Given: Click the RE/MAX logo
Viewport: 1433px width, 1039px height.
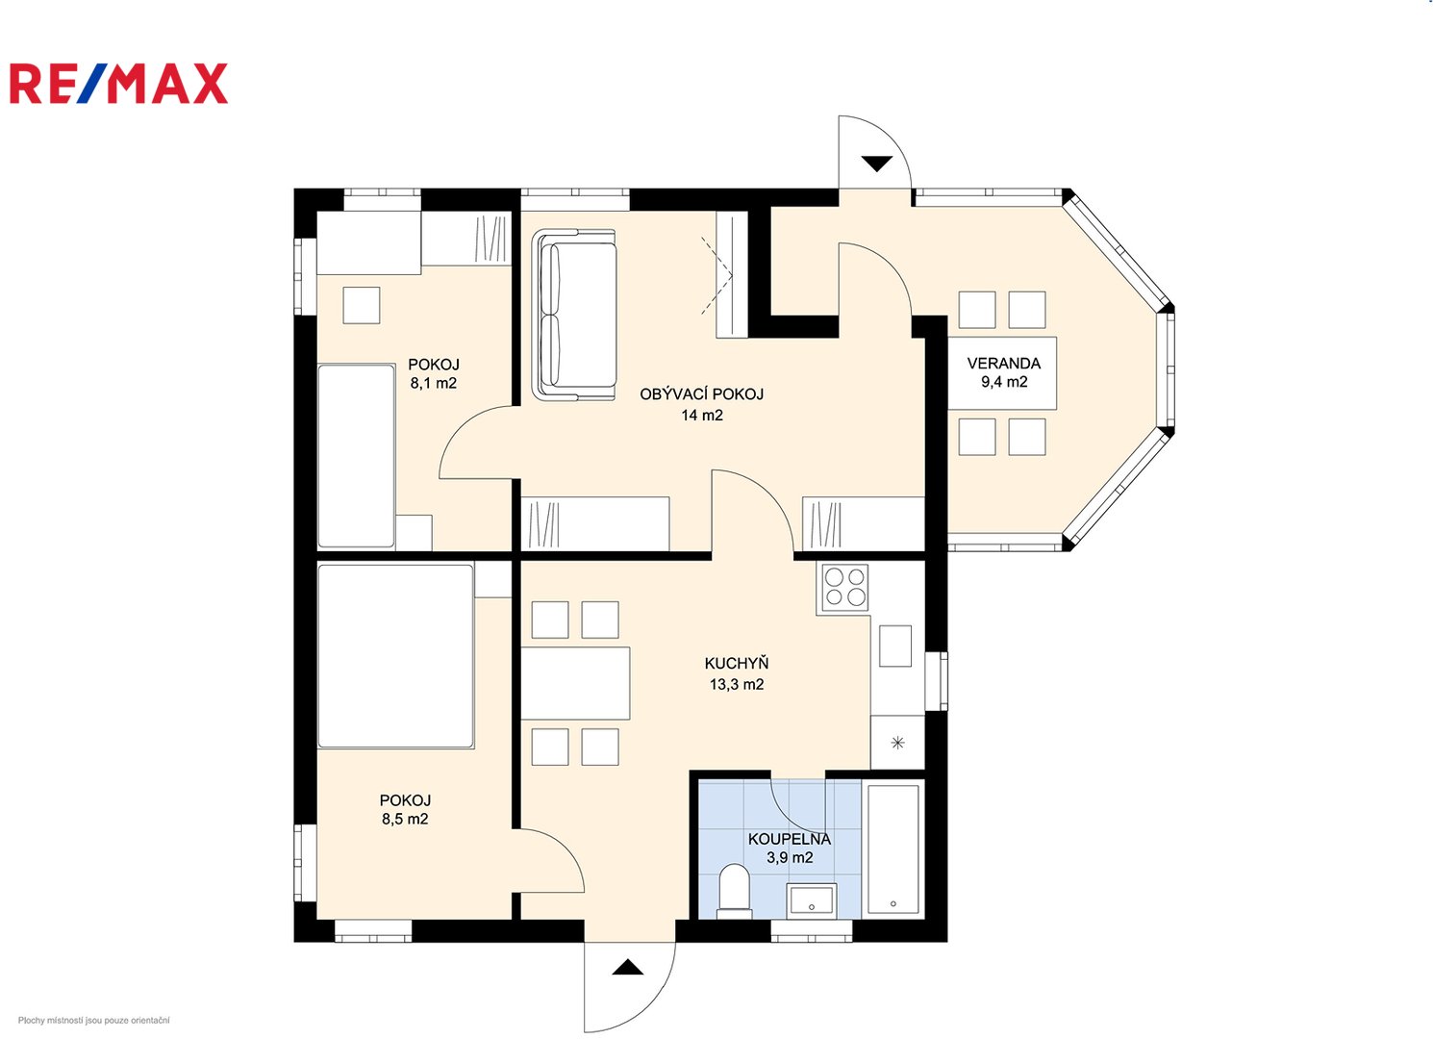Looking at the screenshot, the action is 118,83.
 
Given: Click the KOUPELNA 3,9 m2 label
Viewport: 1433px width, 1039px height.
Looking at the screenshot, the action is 790,849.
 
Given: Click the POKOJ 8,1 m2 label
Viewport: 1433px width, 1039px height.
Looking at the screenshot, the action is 434,373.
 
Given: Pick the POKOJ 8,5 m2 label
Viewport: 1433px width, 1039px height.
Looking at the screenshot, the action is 405,809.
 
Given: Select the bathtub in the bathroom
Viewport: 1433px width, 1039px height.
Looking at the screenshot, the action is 892,849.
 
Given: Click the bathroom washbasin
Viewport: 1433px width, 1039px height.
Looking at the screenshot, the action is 811,900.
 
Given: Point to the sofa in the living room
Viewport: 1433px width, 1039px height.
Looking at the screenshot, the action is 574,315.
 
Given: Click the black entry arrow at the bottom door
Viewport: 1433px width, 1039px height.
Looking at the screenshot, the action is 627,968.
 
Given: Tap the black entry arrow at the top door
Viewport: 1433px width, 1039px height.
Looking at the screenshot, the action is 876,164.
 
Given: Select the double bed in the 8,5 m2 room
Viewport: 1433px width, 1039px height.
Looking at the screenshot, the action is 396,656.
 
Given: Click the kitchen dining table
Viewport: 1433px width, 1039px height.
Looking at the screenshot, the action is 575,683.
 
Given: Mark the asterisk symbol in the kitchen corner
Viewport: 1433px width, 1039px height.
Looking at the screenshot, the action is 897,743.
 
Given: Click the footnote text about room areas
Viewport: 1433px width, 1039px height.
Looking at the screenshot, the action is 93,1021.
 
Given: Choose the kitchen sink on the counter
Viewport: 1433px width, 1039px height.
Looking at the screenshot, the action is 895,646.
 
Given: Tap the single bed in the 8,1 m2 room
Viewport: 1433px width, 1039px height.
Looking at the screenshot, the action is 356,456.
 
